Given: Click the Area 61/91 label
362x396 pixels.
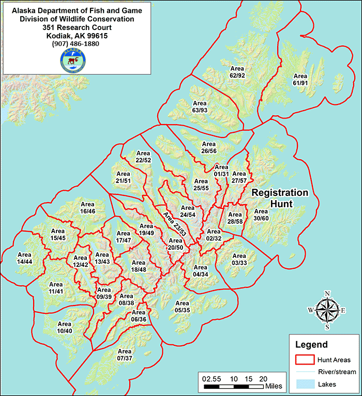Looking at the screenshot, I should pyautogui.click(x=300, y=79).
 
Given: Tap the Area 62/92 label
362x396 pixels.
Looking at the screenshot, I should pyautogui.click(x=237, y=72).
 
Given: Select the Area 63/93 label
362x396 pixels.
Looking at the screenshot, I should pyautogui.click(x=200, y=106).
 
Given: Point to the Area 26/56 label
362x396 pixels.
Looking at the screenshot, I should pyautogui.click(x=208, y=147).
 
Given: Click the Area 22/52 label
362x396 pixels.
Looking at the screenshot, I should pyautogui.click(x=143, y=157).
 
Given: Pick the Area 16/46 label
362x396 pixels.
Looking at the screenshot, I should pyautogui.click(x=87, y=208).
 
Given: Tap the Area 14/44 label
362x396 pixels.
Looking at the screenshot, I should pyautogui.click(x=25, y=258).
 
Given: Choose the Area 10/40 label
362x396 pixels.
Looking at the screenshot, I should pyautogui.click(x=64, y=327).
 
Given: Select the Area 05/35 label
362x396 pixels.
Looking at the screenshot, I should pyautogui.click(x=183, y=307).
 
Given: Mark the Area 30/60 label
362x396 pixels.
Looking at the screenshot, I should pyautogui.click(x=261, y=215).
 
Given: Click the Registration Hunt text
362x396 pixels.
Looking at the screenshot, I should pyautogui.click(x=280, y=198).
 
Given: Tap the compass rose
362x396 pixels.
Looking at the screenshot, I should pyautogui.click(x=327, y=310).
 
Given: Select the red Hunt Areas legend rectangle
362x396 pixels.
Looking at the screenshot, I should pyautogui.click(x=308, y=359).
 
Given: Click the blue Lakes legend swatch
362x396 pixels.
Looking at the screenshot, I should pyautogui.click(x=308, y=384).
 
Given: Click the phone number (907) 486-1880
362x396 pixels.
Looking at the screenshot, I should pyautogui.click(x=76, y=44).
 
